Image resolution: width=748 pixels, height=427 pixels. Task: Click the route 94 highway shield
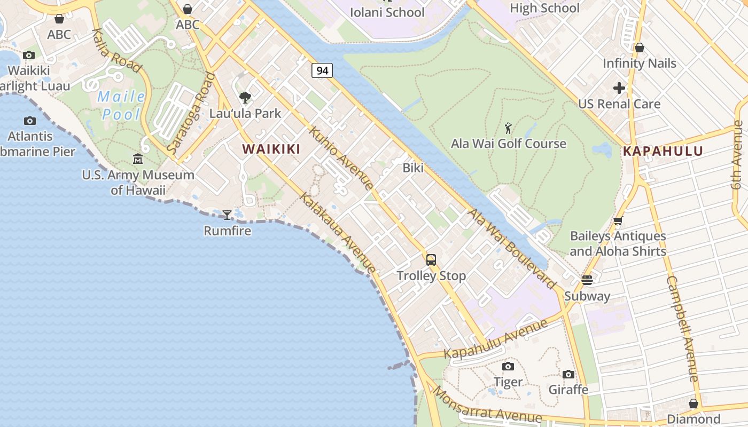(x=322, y=70)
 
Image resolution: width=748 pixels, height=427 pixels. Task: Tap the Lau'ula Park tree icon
(x=245, y=97)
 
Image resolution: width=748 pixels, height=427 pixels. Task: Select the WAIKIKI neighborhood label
(x=271, y=149)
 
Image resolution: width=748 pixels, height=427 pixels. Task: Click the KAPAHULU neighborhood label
(x=663, y=151)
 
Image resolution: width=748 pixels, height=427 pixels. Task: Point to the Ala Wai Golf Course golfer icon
(x=508, y=128)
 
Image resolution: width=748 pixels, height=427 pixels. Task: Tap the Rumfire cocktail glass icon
(x=227, y=215)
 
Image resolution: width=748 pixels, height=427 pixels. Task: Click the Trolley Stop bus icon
(x=431, y=260)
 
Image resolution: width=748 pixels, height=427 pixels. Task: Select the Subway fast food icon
(x=587, y=280)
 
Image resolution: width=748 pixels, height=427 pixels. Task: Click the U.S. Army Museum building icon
(x=138, y=159)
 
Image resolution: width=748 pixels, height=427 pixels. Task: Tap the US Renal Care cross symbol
(x=619, y=88)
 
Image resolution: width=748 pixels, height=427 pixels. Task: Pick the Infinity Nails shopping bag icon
(x=639, y=48)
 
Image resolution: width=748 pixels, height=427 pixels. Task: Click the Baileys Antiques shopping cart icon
(x=618, y=220)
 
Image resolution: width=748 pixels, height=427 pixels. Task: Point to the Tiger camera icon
(x=508, y=366)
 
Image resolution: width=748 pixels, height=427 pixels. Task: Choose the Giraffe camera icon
(x=568, y=374)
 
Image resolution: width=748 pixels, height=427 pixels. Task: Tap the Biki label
(x=413, y=168)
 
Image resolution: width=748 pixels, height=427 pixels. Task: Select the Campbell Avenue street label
(x=683, y=328)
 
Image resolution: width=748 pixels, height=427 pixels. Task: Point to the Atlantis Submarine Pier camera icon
(x=30, y=121)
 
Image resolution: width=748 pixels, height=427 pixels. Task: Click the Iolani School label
(x=387, y=12)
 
